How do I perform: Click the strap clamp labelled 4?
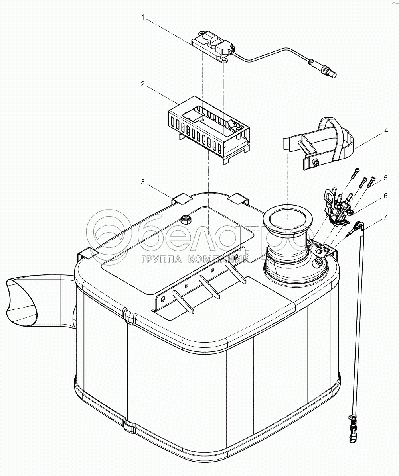pyautogui.click(x=323, y=143)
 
